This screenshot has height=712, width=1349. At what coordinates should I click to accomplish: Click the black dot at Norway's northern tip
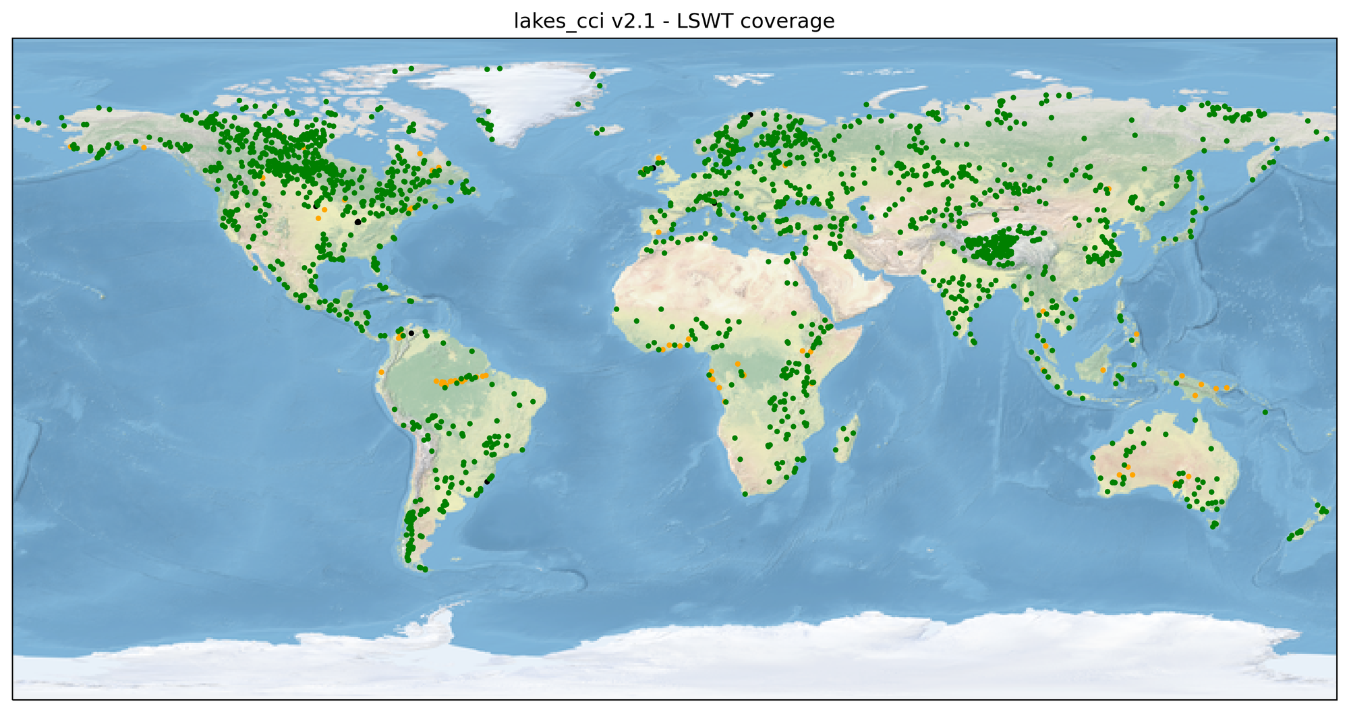(x=750, y=115)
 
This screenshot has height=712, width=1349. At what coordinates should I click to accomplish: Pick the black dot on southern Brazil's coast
(x=487, y=481)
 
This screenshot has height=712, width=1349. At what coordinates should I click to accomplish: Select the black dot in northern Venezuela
(x=411, y=333)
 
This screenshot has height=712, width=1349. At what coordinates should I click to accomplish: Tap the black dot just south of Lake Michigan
(x=357, y=222)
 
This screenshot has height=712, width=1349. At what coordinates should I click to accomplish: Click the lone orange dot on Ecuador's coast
(x=381, y=372)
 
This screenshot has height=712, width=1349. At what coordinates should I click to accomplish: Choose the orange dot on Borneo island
(x=1103, y=370)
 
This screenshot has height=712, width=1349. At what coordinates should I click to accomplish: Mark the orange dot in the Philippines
(x=1137, y=334)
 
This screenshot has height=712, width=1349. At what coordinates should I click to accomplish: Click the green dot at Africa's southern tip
(x=745, y=494)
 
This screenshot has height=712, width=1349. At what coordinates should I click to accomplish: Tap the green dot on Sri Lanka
(x=973, y=342)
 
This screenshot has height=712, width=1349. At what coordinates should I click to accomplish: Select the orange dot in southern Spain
(x=658, y=232)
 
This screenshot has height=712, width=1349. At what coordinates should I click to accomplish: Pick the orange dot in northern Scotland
(x=658, y=157)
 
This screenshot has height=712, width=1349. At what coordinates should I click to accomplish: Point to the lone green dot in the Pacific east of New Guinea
(x=1265, y=412)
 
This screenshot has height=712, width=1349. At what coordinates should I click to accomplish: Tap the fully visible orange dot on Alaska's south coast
(x=144, y=148)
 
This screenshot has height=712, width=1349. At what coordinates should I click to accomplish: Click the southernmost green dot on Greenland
(x=492, y=140)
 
